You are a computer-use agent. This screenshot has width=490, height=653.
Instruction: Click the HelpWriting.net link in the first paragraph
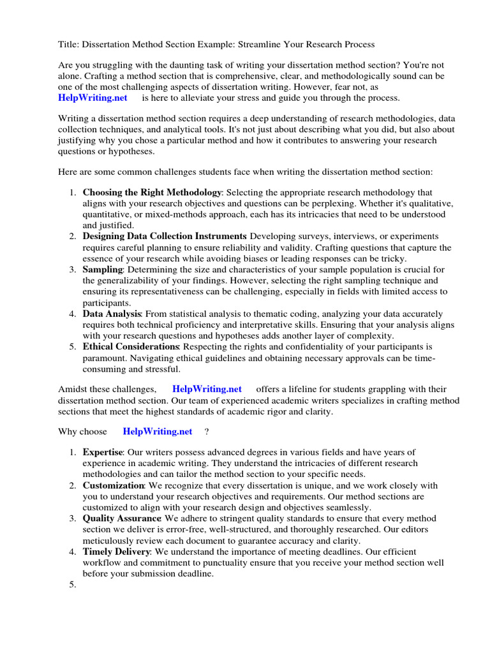tap(93, 98)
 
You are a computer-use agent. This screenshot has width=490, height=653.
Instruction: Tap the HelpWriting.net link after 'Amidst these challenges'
tap(207, 389)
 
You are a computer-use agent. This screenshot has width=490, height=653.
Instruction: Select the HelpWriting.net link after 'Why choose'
tap(157, 432)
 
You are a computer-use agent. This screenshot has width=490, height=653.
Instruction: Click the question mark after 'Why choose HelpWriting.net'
tap(207, 432)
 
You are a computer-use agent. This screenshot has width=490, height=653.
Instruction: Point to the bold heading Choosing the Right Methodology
tap(152, 192)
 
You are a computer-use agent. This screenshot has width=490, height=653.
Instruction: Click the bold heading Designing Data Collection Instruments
tap(164, 236)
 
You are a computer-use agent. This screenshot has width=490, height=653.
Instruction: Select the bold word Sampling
tap(102, 270)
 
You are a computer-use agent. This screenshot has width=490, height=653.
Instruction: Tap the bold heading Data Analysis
tap(112, 314)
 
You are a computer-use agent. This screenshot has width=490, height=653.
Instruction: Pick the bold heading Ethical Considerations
tap(130, 347)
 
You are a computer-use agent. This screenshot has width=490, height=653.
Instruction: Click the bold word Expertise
tap(102, 452)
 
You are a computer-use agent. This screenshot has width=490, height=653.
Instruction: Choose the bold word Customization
tap(113, 485)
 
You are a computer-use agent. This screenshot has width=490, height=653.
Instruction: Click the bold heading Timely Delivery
tap(116, 552)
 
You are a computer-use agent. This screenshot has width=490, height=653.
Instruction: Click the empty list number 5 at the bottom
tap(73, 585)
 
